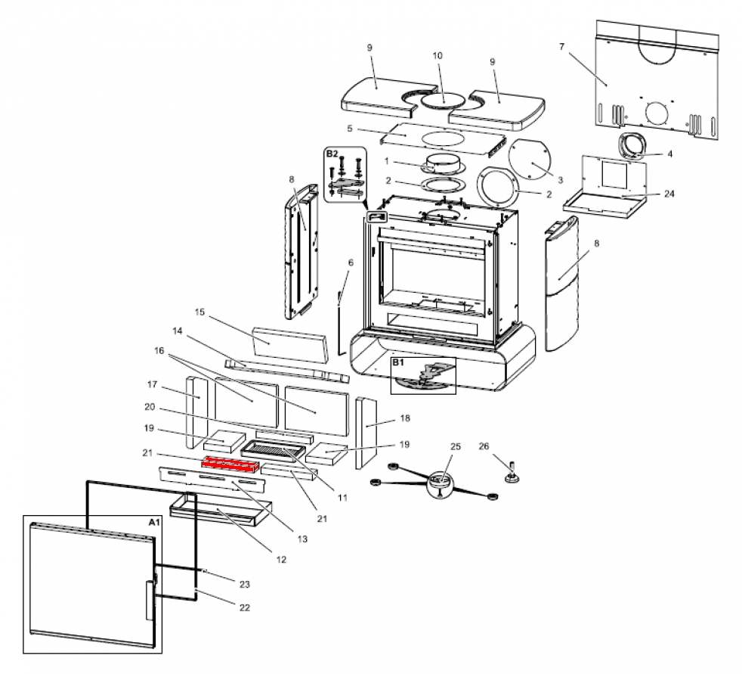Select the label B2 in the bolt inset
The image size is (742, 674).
tap(332, 154)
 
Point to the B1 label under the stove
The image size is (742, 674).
tap(399, 363)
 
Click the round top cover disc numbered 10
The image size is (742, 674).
tap(443, 100)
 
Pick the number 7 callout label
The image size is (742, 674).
tap(562, 47)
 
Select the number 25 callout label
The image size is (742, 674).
tap(455, 448)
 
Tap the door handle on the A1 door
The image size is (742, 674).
tap(149, 598)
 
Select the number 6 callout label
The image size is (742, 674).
tap(351, 262)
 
